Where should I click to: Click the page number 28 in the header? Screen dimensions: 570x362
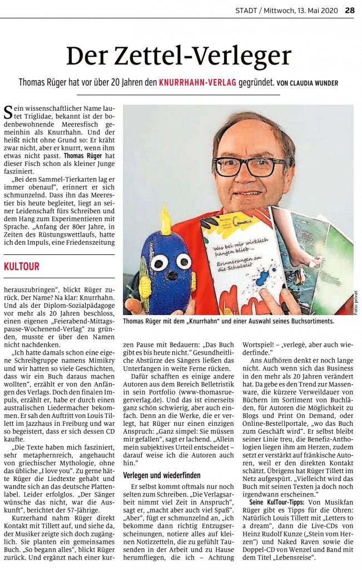[349, 10]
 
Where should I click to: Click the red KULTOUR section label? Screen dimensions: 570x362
[22, 267]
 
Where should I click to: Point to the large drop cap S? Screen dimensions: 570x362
[8, 113]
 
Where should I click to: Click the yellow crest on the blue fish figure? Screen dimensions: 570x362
[165, 222]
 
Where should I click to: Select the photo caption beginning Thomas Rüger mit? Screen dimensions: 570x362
[228, 322]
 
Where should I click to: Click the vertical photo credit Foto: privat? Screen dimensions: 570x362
[356, 301]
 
